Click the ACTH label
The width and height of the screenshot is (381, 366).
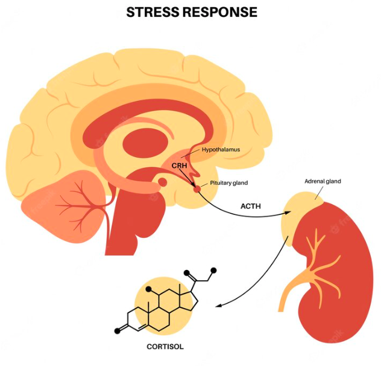point(251,205)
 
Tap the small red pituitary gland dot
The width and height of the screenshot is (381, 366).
point(197,188)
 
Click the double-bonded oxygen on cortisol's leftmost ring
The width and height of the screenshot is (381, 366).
point(117,330)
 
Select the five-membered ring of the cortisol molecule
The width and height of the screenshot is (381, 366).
point(191,302)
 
